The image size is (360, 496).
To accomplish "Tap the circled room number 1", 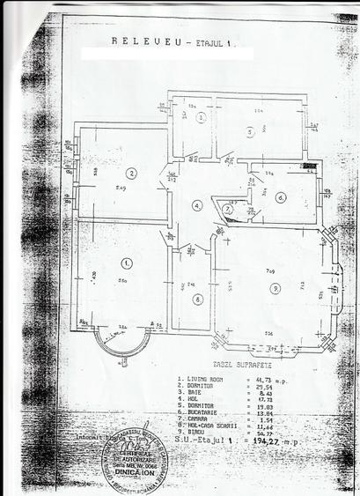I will click(127, 263).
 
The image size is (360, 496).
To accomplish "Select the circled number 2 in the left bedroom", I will click(131, 173).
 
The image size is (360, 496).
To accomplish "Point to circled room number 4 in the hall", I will click(198, 205).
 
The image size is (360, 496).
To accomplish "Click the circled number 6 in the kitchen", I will click(280, 196).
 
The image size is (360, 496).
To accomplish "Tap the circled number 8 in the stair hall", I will click(198, 299).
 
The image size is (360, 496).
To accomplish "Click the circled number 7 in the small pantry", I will click(227, 209).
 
